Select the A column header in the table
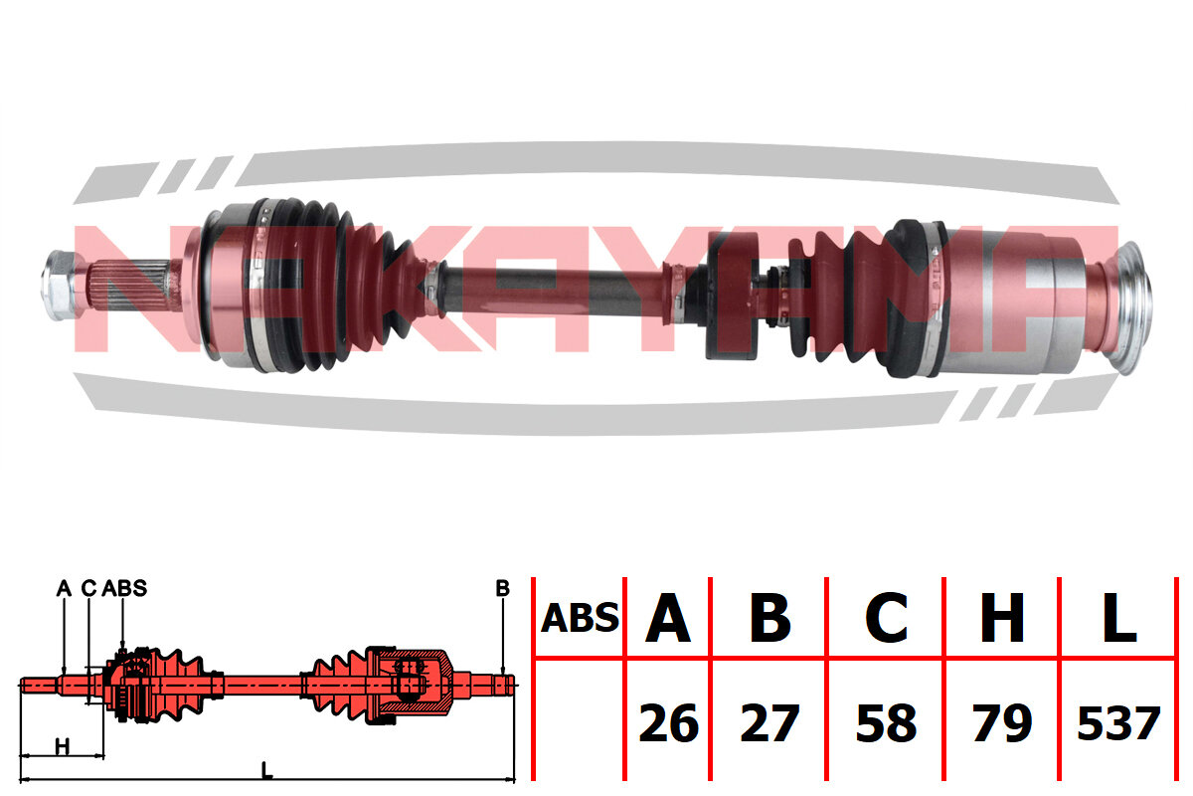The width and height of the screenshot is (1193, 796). [x=668, y=618]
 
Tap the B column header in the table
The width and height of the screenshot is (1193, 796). [x=769, y=618]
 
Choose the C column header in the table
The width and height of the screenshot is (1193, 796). [x=886, y=618]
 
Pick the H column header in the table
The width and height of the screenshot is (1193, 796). [x=1002, y=618]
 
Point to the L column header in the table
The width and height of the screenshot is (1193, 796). [x=1119, y=618]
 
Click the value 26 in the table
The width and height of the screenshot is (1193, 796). [x=668, y=723]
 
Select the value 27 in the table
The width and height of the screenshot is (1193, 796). [x=769, y=723]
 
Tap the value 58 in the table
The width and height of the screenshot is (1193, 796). [x=886, y=723]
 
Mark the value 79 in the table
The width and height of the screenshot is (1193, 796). [x=1002, y=723]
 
